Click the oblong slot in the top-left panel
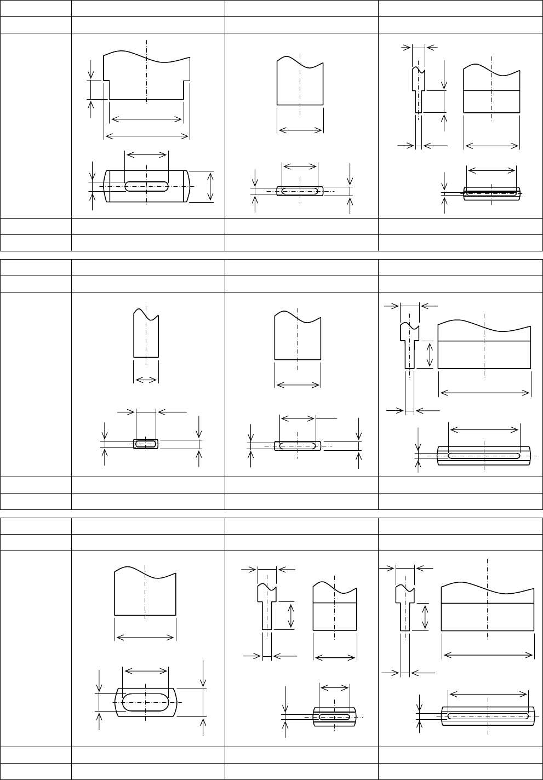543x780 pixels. (x=147, y=186)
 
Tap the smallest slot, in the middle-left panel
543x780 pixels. (x=146, y=444)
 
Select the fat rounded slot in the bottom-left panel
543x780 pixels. (x=146, y=702)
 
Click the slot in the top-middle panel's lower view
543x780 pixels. (x=300, y=191)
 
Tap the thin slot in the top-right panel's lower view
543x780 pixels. (x=492, y=193)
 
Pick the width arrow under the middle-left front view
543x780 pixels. (x=146, y=380)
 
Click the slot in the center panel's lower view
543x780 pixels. (x=297, y=446)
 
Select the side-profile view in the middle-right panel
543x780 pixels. (x=409, y=345)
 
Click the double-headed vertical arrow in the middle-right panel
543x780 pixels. (x=430, y=354)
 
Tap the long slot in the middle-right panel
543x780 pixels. (x=484, y=455)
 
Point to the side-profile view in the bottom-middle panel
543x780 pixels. (x=267, y=606)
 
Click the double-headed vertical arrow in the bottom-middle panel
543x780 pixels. (x=291, y=615)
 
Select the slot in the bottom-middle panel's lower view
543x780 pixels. (x=334, y=716)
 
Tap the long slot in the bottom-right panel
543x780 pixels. (x=488, y=715)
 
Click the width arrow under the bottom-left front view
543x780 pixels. (x=145, y=637)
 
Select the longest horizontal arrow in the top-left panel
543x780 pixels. (x=146, y=136)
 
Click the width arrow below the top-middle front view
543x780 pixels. (x=300, y=130)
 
